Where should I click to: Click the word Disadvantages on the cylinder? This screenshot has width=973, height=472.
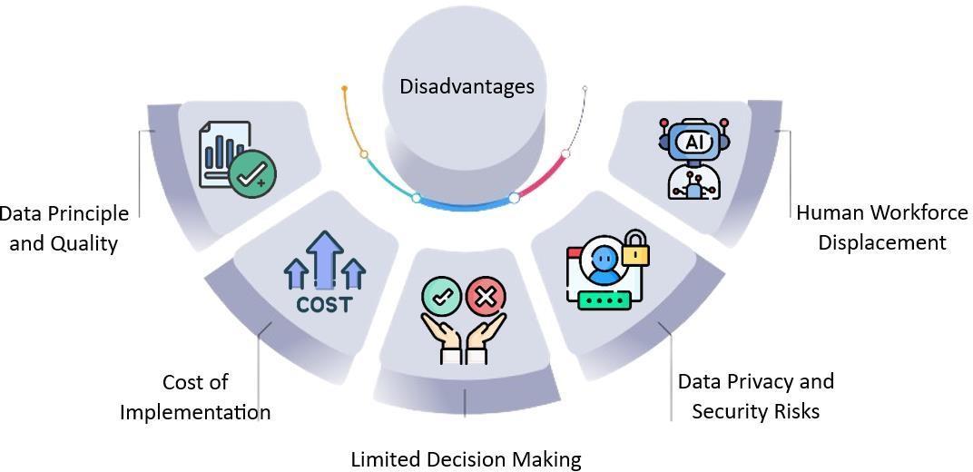pos(467,87)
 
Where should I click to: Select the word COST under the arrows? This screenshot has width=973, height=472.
pos(324,304)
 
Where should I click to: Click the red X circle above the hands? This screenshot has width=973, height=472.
pos(486,297)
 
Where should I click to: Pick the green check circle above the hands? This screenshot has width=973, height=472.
pos(442,297)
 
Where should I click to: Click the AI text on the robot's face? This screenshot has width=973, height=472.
pos(694,143)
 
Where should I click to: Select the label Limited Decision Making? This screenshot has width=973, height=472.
pos(466,459)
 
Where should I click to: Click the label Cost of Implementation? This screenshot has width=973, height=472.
pos(195,397)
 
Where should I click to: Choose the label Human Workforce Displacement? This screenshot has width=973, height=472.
pos(881,227)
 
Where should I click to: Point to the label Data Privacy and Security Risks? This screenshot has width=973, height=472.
pos(755,396)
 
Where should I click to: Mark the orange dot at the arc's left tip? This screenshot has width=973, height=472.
pos(345,88)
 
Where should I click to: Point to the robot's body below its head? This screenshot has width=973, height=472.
pos(693,182)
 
